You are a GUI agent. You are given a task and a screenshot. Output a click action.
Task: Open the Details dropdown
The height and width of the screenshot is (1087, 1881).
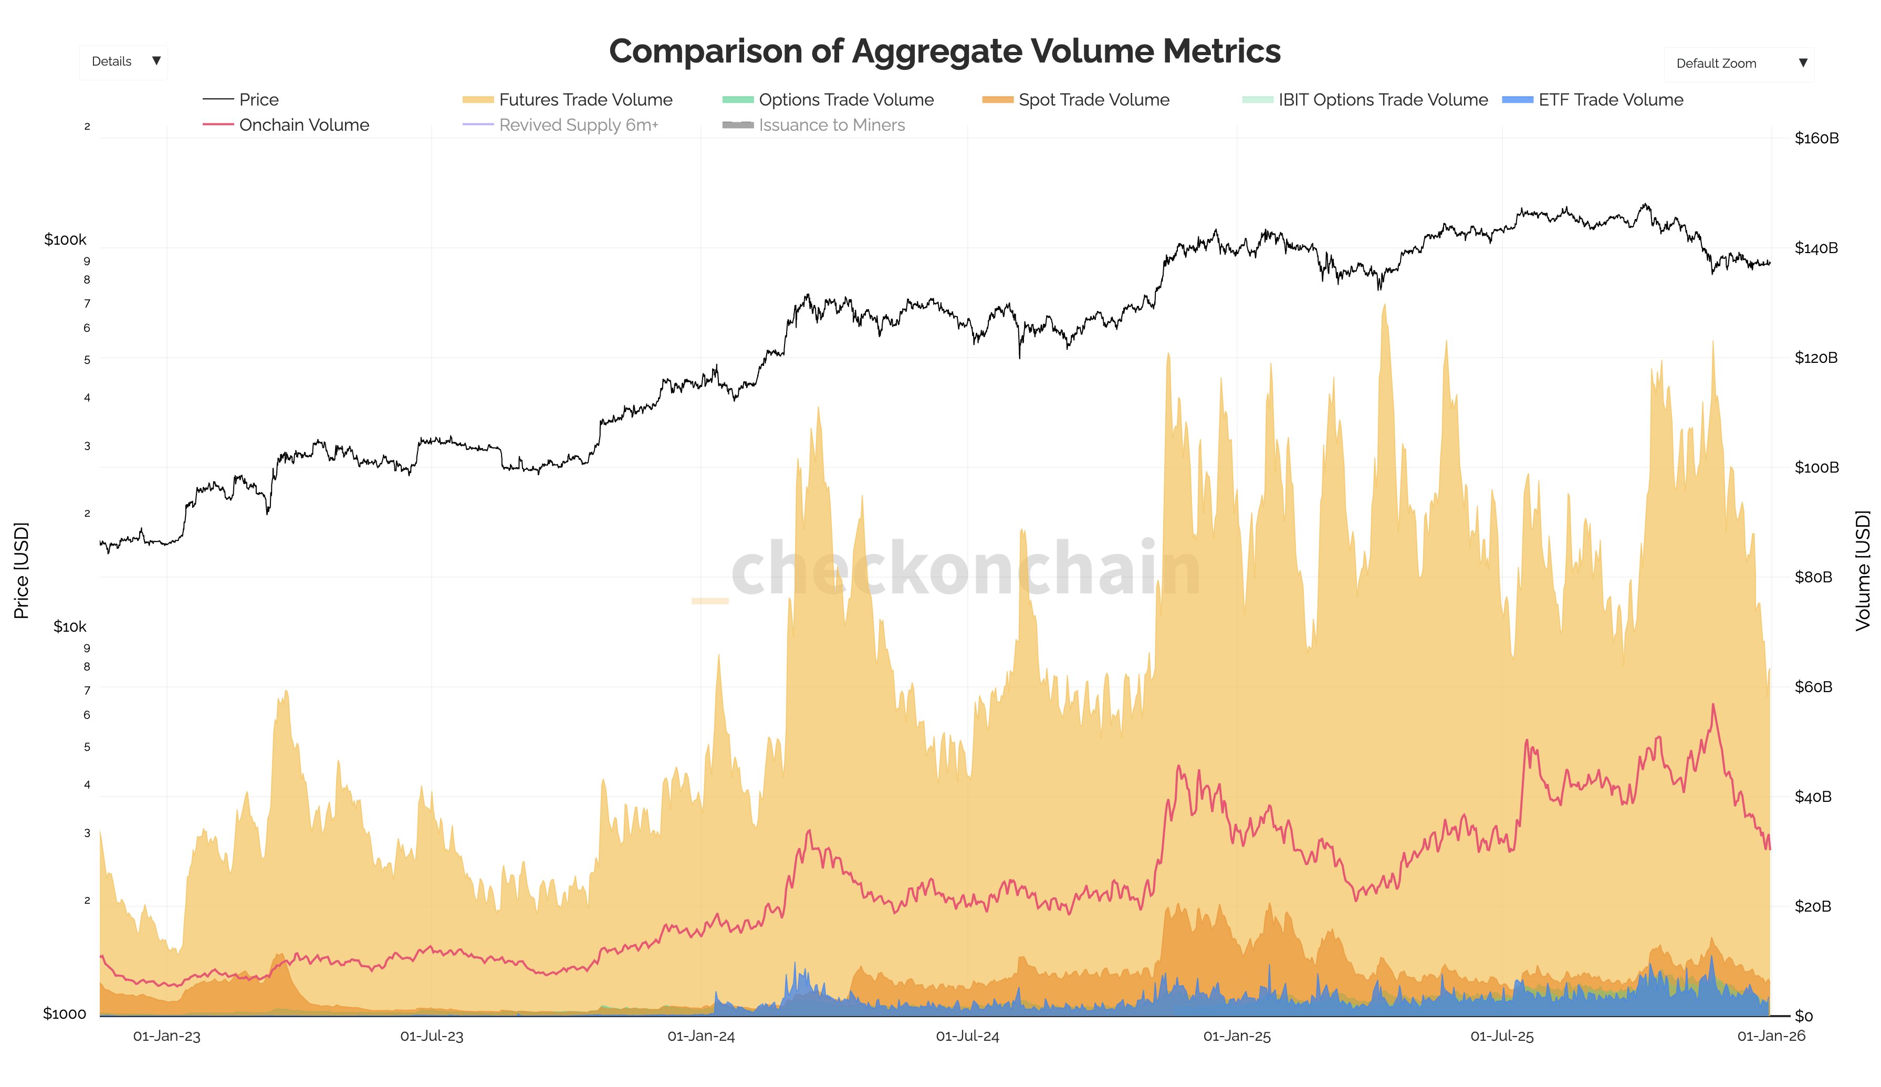coord(124,62)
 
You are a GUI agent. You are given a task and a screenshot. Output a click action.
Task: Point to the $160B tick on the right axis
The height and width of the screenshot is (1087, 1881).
coord(1816,138)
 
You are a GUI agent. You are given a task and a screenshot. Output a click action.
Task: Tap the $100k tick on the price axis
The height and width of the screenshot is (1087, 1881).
coord(65,239)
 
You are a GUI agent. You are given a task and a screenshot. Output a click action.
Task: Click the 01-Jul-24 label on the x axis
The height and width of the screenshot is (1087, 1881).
coord(967,1036)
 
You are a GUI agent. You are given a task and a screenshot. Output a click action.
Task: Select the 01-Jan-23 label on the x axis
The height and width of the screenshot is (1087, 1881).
coord(166,1036)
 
